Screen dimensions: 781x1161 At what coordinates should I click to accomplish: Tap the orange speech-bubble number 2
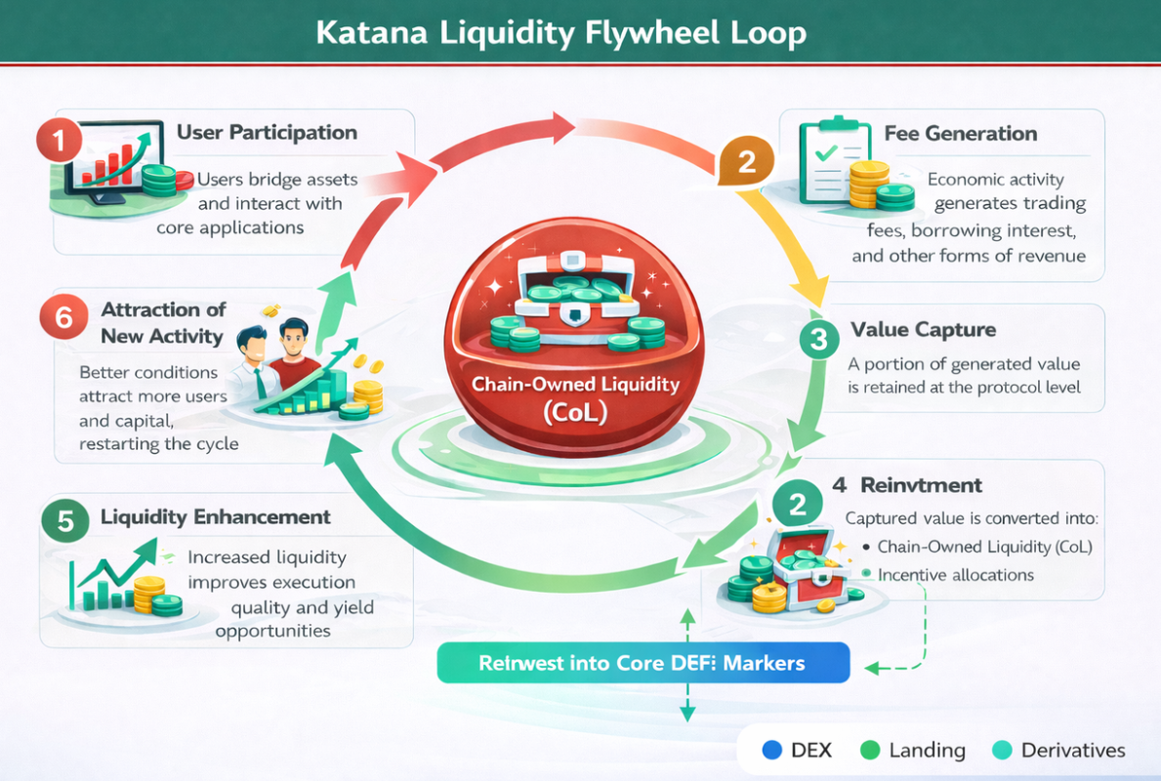(746, 161)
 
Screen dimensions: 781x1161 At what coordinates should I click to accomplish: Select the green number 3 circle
(818, 339)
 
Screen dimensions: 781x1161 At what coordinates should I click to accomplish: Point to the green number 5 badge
(65, 520)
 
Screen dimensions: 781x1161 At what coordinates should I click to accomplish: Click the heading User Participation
(267, 133)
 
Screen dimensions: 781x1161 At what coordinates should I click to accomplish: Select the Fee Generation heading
(960, 134)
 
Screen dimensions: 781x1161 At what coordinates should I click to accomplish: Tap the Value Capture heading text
(923, 329)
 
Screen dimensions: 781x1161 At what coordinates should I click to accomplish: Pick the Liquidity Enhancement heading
(216, 517)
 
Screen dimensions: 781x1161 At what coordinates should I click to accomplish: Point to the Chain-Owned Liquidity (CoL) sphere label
(575, 397)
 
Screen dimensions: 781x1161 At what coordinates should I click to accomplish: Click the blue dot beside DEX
(772, 750)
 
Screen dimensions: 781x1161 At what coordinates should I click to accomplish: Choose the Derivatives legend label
(1073, 750)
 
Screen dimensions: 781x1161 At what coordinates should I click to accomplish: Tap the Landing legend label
(927, 750)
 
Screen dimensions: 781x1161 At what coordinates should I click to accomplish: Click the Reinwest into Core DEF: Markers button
(642, 663)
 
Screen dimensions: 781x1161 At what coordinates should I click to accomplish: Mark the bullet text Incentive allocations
(955, 575)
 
